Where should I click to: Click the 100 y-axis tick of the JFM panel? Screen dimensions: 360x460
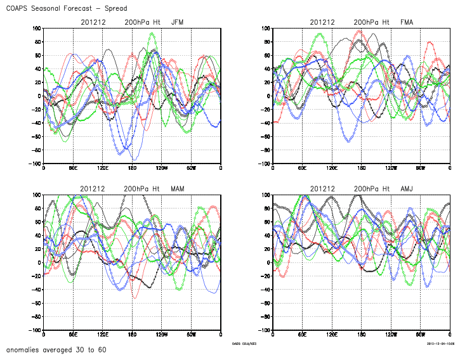pyautogui.click(x=36, y=29)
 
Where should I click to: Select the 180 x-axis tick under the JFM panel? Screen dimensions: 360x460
pyautogui.click(x=132, y=168)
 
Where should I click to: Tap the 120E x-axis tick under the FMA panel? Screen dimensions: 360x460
pyautogui.click(x=332, y=168)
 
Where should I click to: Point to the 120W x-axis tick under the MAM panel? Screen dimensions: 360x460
pyautogui.click(x=161, y=334)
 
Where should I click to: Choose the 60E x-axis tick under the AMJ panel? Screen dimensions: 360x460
pyautogui.click(x=302, y=334)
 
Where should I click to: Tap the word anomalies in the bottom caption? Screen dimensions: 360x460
pyautogui.click(x=24, y=350)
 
